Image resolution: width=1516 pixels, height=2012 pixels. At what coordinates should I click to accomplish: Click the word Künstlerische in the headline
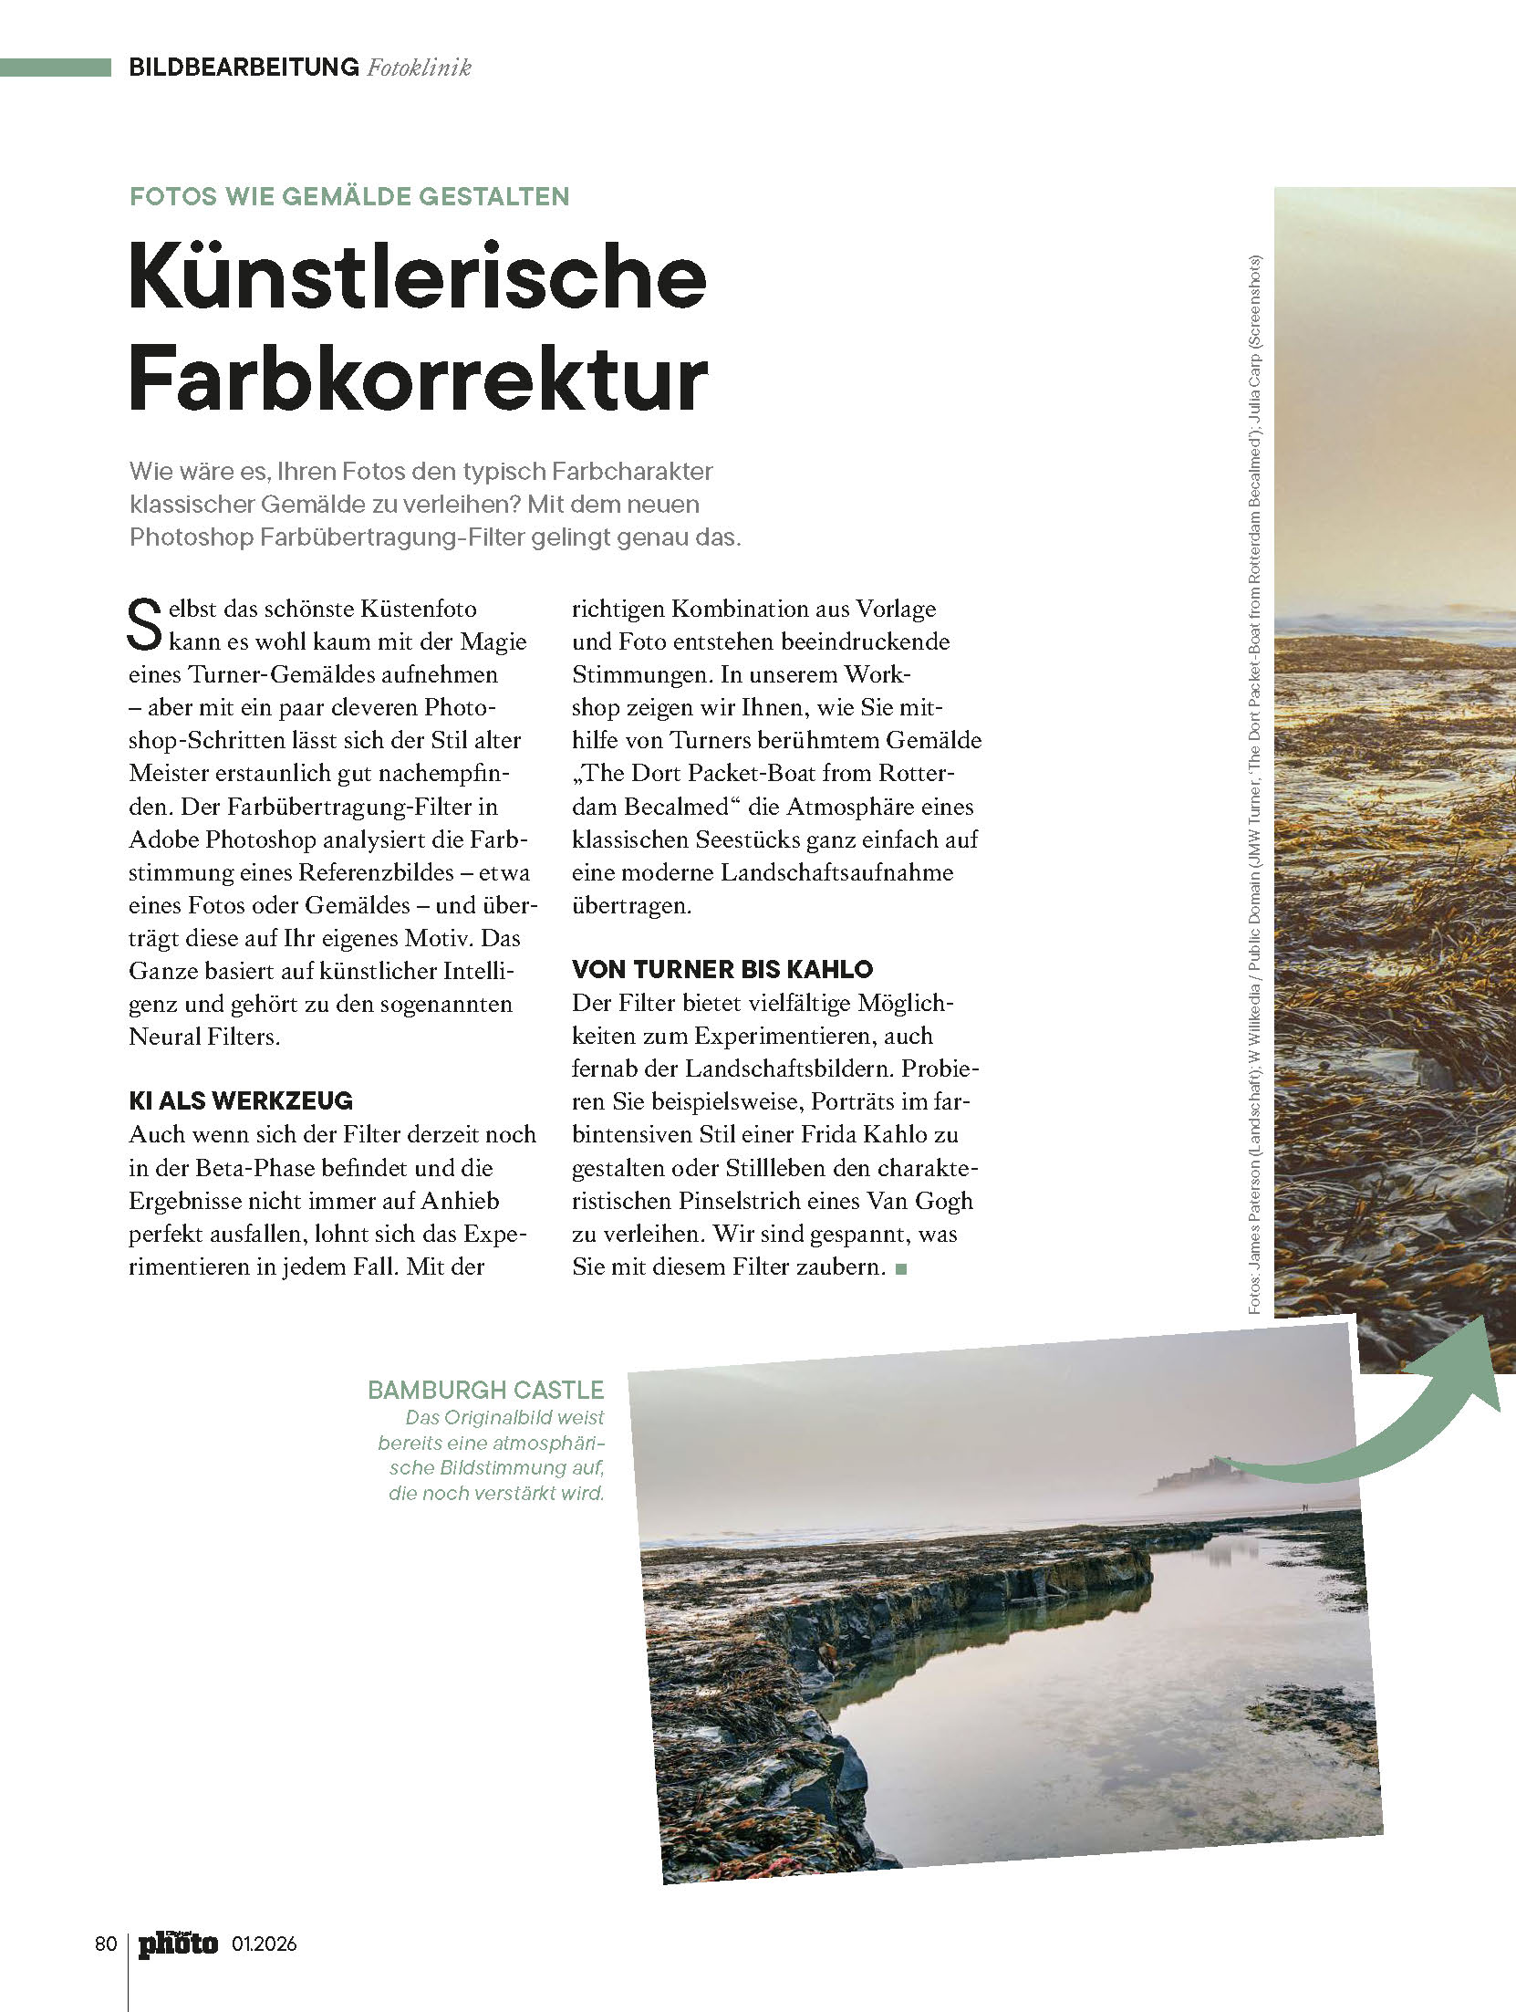[x=418, y=276]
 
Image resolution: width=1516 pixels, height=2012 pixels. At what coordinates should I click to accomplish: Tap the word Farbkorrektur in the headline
[x=418, y=379]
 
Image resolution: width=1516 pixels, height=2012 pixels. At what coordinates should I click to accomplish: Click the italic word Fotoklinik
[x=419, y=68]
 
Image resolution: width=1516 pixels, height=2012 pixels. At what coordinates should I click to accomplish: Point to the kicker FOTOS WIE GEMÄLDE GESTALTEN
[x=349, y=196]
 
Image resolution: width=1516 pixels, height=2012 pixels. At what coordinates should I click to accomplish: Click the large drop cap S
[x=144, y=626]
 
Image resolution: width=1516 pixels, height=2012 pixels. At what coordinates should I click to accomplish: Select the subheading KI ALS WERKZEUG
[x=241, y=1100]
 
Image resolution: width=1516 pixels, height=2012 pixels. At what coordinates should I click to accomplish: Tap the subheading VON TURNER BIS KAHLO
[x=722, y=969]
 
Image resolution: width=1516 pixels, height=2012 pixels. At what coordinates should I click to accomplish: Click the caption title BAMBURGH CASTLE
[x=485, y=1390]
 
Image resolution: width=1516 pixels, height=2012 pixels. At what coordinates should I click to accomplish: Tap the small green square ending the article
[x=902, y=1268]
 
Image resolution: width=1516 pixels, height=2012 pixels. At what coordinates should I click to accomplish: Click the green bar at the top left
[x=55, y=67]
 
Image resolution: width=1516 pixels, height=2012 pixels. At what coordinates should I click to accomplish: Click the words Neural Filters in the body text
[x=203, y=1037]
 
